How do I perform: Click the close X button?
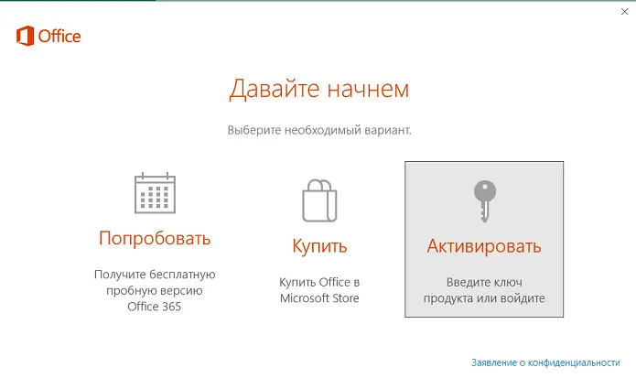(624, 12)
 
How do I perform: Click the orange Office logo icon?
(25, 36)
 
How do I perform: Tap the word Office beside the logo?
(59, 36)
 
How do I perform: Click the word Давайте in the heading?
(275, 89)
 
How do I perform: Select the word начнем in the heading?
(368, 89)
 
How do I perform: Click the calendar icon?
(155, 193)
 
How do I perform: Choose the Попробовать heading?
(155, 238)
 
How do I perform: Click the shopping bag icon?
(319, 200)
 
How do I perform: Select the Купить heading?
(319, 246)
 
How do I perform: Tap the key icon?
(485, 201)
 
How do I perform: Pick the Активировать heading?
(484, 246)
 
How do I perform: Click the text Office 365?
(154, 307)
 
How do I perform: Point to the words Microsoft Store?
(319, 298)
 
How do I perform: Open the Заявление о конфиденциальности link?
(545, 362)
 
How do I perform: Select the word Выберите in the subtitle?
(253, 130)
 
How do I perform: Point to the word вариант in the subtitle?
(388, 130)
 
